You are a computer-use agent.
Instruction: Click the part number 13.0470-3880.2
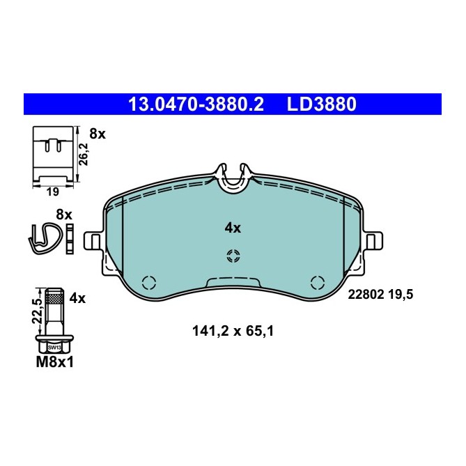click(196, 104)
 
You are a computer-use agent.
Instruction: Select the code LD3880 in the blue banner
click(321, 104)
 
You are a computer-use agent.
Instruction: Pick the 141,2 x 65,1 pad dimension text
click(233, 332)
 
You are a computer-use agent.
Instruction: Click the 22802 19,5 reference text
click(380, 295)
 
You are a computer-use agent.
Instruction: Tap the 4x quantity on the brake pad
click(232, 228)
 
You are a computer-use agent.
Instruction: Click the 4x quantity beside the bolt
click(77, 298)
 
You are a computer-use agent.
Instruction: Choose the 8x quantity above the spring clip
click(64, 215)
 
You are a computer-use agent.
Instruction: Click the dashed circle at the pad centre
click(233, 256)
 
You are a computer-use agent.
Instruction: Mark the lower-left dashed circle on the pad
click(148, 283)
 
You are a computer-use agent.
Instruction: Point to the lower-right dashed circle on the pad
click(318, 283)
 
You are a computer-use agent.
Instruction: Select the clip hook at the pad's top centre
click(233, 178)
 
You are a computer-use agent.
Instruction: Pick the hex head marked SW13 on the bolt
click(53, 345)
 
